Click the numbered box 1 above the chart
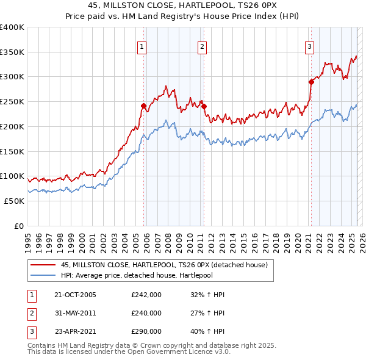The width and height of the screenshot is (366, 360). tap(142, 46)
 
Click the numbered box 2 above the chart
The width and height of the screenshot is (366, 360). tap(201, 46)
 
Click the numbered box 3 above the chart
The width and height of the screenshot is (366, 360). tap(309, 46)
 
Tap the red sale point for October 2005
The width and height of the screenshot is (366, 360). tap(144, 106)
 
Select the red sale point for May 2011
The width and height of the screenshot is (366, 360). tap(204, 107)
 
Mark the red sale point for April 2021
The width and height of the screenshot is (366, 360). tap(311, 82)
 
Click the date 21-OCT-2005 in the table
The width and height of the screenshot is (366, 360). tap(75, 295)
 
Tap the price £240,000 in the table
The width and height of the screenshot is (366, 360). tap(146, 313)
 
